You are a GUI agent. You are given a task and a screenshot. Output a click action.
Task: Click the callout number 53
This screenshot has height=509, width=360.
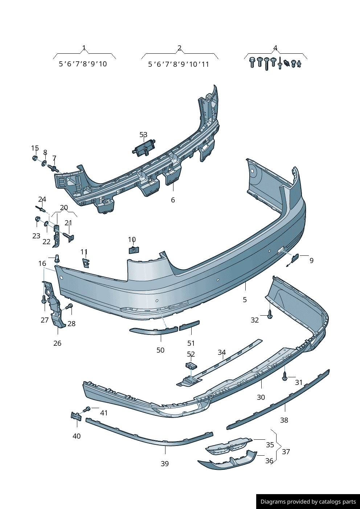coord(143,135)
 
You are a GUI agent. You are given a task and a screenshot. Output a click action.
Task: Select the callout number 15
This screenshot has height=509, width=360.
coord(35,148)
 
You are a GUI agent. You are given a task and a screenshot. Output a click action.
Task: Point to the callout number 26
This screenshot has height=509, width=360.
coord(57,343)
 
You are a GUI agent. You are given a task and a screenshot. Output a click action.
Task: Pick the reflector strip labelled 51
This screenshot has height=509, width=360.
coord(189,325)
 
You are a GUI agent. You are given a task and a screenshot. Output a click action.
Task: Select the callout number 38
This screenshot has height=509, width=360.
coord(284,420)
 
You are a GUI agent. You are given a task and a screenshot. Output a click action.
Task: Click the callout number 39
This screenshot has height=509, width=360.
coord(165,464)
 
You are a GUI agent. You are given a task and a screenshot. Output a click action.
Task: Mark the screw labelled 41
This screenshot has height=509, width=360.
coord(86,409)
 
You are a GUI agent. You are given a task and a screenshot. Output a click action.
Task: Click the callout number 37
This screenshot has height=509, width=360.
coord(286,452)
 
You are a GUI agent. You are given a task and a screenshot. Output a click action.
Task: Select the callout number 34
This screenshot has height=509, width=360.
coord(222,352)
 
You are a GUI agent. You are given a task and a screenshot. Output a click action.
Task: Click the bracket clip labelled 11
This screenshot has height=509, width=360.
coord(86,262)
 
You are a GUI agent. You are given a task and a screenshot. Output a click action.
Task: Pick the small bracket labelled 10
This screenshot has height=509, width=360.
coord(134,250)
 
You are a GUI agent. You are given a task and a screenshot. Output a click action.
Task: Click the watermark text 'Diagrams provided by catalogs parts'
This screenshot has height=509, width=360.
coord(308,502)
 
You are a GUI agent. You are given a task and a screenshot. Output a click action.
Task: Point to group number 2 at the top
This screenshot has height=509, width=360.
coord(179,48)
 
